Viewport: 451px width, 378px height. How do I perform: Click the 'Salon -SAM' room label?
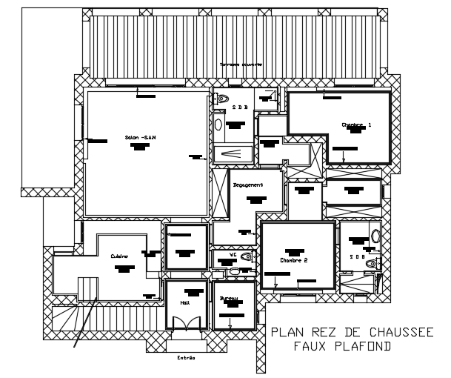click(140, 137)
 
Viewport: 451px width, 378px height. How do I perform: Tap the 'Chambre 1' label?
click(356, 125)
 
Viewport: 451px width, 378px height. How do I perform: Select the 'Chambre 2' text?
click(293, 260)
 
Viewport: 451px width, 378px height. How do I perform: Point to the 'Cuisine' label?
click(120, 256)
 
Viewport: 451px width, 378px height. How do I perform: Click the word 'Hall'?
click(184, 302)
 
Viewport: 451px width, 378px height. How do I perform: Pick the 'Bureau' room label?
click(228, 299)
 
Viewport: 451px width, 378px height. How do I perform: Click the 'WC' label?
click(233, 255)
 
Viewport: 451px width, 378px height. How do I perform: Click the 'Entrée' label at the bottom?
click(185, 358)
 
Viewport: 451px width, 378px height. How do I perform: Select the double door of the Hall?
click(184, 322)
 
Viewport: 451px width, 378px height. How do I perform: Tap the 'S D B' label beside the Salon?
click(238, 107)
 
